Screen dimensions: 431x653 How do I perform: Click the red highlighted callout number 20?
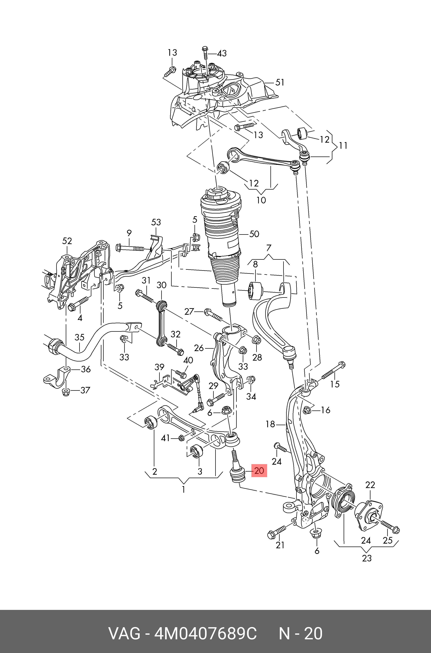(x=259, y=470)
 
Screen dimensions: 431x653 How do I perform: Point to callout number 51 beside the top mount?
(x=280, y=82)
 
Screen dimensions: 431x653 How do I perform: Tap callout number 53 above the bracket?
(x=156, y=222)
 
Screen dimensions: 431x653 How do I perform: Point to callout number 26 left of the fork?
(x=199, y=348)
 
